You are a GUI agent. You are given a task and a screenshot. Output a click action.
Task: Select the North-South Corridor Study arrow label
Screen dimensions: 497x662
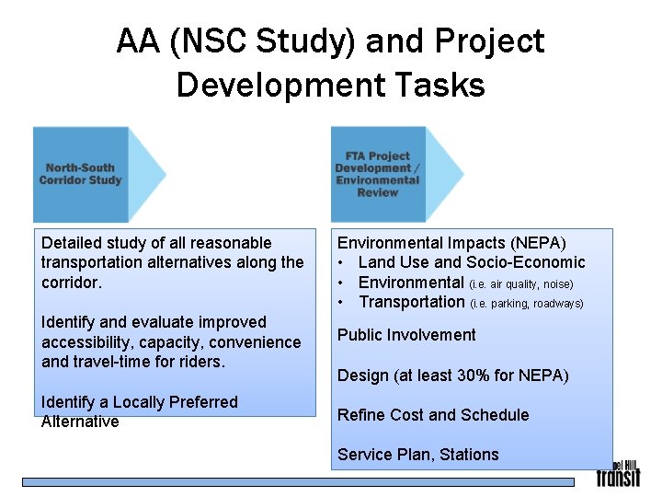(x=81, y=174)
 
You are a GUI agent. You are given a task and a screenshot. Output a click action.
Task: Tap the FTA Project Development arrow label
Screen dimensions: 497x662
(x=378, y=174)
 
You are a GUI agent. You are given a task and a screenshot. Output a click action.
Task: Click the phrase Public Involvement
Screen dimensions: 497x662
(x=406, y=335)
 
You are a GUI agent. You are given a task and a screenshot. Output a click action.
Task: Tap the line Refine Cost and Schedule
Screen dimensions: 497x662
(x=433, y=415)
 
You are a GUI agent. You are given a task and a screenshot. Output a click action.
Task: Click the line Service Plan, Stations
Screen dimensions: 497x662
(x=417, y=455)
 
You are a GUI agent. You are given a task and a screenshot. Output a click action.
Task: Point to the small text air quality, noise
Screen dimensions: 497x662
(x=529, y=284)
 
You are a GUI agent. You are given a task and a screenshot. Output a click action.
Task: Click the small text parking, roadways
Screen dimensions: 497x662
(x=534, y=304)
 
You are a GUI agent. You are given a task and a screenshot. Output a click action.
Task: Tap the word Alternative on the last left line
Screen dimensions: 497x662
(x=80, y=422)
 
